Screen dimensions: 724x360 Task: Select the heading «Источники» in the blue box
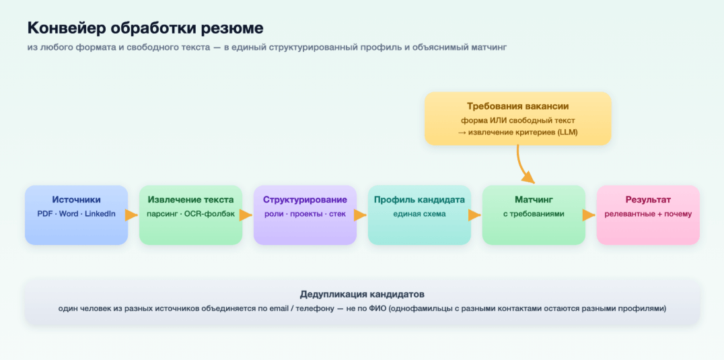(x=76, y=200)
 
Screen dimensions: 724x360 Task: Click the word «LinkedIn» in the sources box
(x=100, y=214)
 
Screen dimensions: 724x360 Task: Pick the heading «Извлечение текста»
(x=190, y=200)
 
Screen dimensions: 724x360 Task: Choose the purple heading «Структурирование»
(x=305, y=201)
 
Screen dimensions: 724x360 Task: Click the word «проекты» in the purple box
(x=305, y=215)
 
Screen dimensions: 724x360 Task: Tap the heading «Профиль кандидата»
(x=419, y=201)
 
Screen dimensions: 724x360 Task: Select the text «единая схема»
(x=419, y=214)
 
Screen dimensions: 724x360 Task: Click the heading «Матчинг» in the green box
(x=534, y=200)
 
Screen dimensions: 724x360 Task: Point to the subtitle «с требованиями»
(x=534, y=215)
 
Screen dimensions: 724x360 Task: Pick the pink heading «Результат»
(x=648, y=201)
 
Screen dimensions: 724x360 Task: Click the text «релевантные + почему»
(x=648, y=215)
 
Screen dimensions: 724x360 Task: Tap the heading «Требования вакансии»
(x=517, y=106)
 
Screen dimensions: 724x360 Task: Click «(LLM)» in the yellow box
(x=567, y=133)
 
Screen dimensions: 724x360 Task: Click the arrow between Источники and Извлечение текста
(x=132, y=215)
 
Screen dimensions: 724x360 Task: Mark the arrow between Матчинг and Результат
(x=589, y=215)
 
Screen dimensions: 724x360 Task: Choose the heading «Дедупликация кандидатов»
(x=362, y=295)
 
